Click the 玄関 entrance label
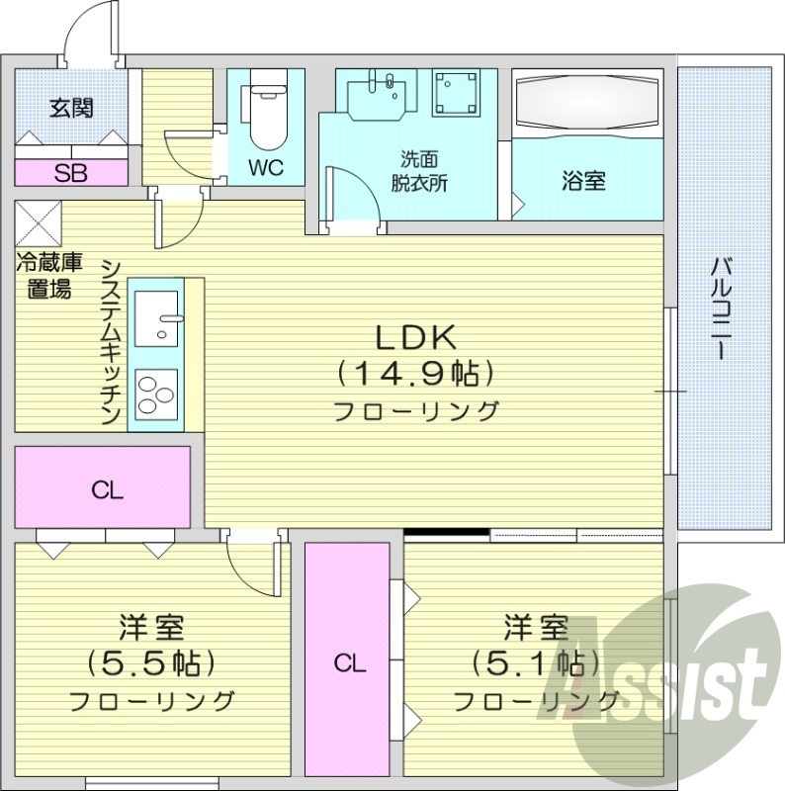point(72,108)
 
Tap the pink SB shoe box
point(71,173)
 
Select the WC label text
point(265,168)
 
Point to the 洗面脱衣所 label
point(418,170)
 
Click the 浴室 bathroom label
point(583,181)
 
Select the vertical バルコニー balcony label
point(722,308)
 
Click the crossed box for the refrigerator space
point(38,222)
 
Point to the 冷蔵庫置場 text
point(47,276)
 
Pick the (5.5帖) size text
point(151,661)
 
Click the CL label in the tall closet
point(347,663)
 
